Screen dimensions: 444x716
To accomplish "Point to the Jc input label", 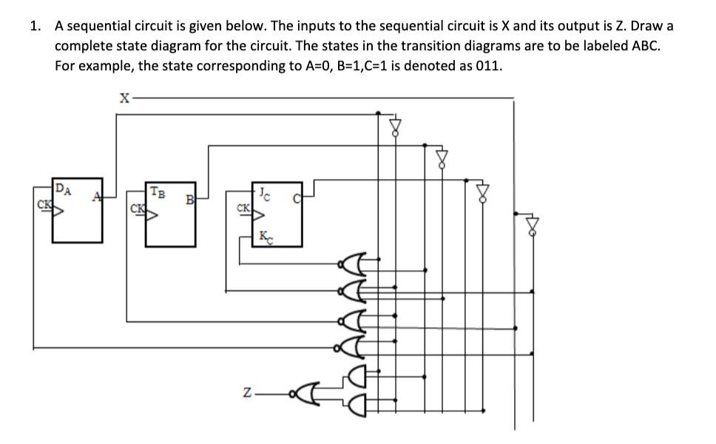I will pos(265,195).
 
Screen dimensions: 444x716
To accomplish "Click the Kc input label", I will pos(266,236).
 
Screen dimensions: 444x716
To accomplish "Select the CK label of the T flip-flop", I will pos(136,208).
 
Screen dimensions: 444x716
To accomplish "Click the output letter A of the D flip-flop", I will pos(95,197).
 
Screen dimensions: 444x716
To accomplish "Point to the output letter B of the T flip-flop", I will pos(189,198).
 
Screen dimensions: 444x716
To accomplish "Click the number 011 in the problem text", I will pos(487,64).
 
